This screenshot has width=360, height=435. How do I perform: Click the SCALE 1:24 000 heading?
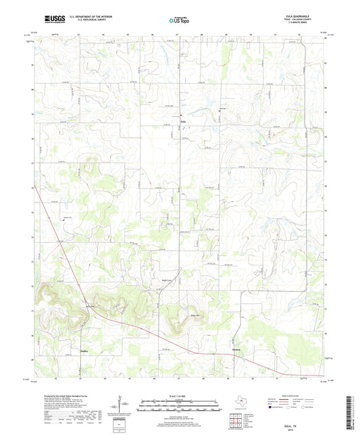(x=179, y=394)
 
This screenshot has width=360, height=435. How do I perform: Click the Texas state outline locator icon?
(x=238, y=404)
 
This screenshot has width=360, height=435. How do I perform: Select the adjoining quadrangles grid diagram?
(x=238, y=421)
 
